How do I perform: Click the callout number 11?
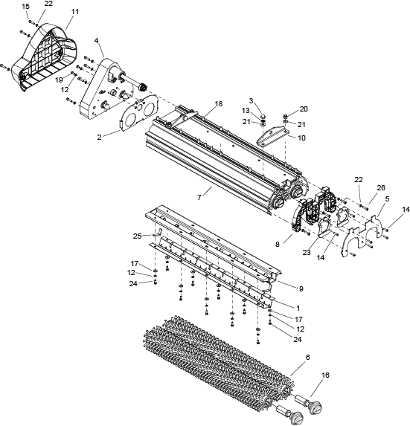pos(75,12)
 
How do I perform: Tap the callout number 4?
pos(96,40)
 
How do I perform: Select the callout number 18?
pos(218,104)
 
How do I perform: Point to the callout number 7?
pos(199,198)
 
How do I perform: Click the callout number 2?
pos(99,138)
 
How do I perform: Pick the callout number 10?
pos(301,138)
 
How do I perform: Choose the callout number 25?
pos(138,236)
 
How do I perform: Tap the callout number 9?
pos(301,288)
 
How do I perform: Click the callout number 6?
pos(307,358)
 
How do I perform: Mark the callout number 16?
pos(325,375)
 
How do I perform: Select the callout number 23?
pos(307,252)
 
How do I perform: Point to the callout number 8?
pos(277,245)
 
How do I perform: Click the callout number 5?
pos(387,199)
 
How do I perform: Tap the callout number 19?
pos(59,80)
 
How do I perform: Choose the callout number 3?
pos(251,101)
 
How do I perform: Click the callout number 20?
pos(304,109)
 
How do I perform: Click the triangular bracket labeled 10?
pos(273,136)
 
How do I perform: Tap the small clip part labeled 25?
pos(158,233)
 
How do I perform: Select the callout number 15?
pos(25,7)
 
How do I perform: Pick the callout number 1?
pos(298,309)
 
